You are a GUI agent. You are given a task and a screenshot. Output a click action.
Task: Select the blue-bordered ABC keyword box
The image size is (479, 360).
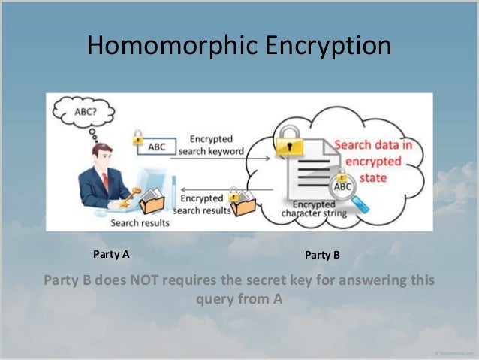[156, 147]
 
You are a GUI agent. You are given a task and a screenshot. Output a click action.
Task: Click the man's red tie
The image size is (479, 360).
[105, 181]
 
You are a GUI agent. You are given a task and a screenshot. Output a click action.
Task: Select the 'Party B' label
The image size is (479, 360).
[323, 256]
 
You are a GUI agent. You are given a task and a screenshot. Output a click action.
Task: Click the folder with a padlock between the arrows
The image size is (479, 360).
[243, 201]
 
